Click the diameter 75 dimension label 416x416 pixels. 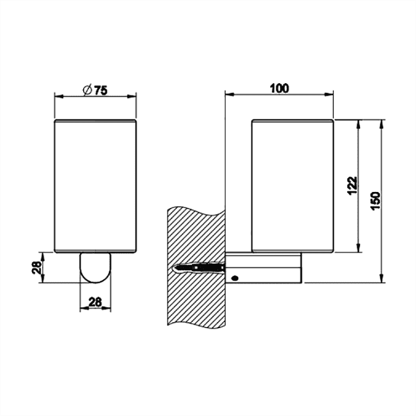(x=95, y=90)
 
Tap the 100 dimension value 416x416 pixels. (x=279, y=89)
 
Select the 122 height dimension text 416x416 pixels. (x=352, y=185)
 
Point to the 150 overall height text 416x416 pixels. (x=376, y=201)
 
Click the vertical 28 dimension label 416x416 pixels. (x=37, y=267)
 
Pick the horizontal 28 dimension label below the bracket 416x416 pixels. (x=95, y=302)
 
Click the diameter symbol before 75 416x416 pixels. (x=87, y=90)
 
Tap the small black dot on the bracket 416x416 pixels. (x=235, y=278)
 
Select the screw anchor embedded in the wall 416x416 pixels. (x=198, y=267)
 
